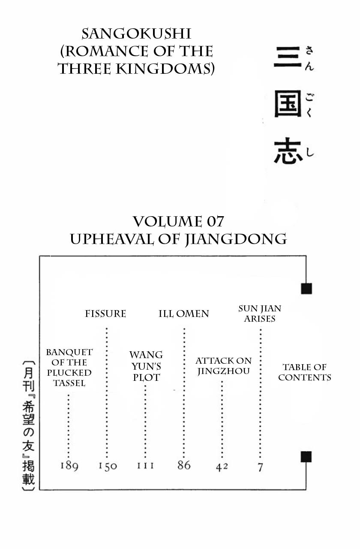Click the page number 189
click(x=69, y=465)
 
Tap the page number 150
click(x=107, y=466)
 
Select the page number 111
click(x=145, y=465)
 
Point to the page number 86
click(x=184, y=465)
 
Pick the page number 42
click(x=222, y=467)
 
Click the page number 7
click(x=260, y=467)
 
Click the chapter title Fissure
click(x=105, y=314)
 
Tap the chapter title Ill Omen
click(x=184, y=314)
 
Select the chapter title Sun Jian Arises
click(x=260, y=314)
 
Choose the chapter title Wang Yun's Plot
click(x=146, y=366)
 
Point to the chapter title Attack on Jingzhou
click(x=223, y=366)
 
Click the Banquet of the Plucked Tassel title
click(x=69, y=368)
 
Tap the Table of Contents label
click(x=305, y=372)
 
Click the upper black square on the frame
click(x=306, y=289)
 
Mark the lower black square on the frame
click(x=306, y=457)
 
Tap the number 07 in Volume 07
click(x=214, y=222)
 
